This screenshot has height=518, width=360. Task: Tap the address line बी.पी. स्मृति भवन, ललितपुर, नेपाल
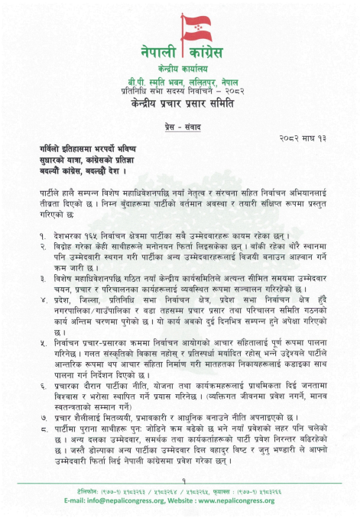click(x=180, y=81)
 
